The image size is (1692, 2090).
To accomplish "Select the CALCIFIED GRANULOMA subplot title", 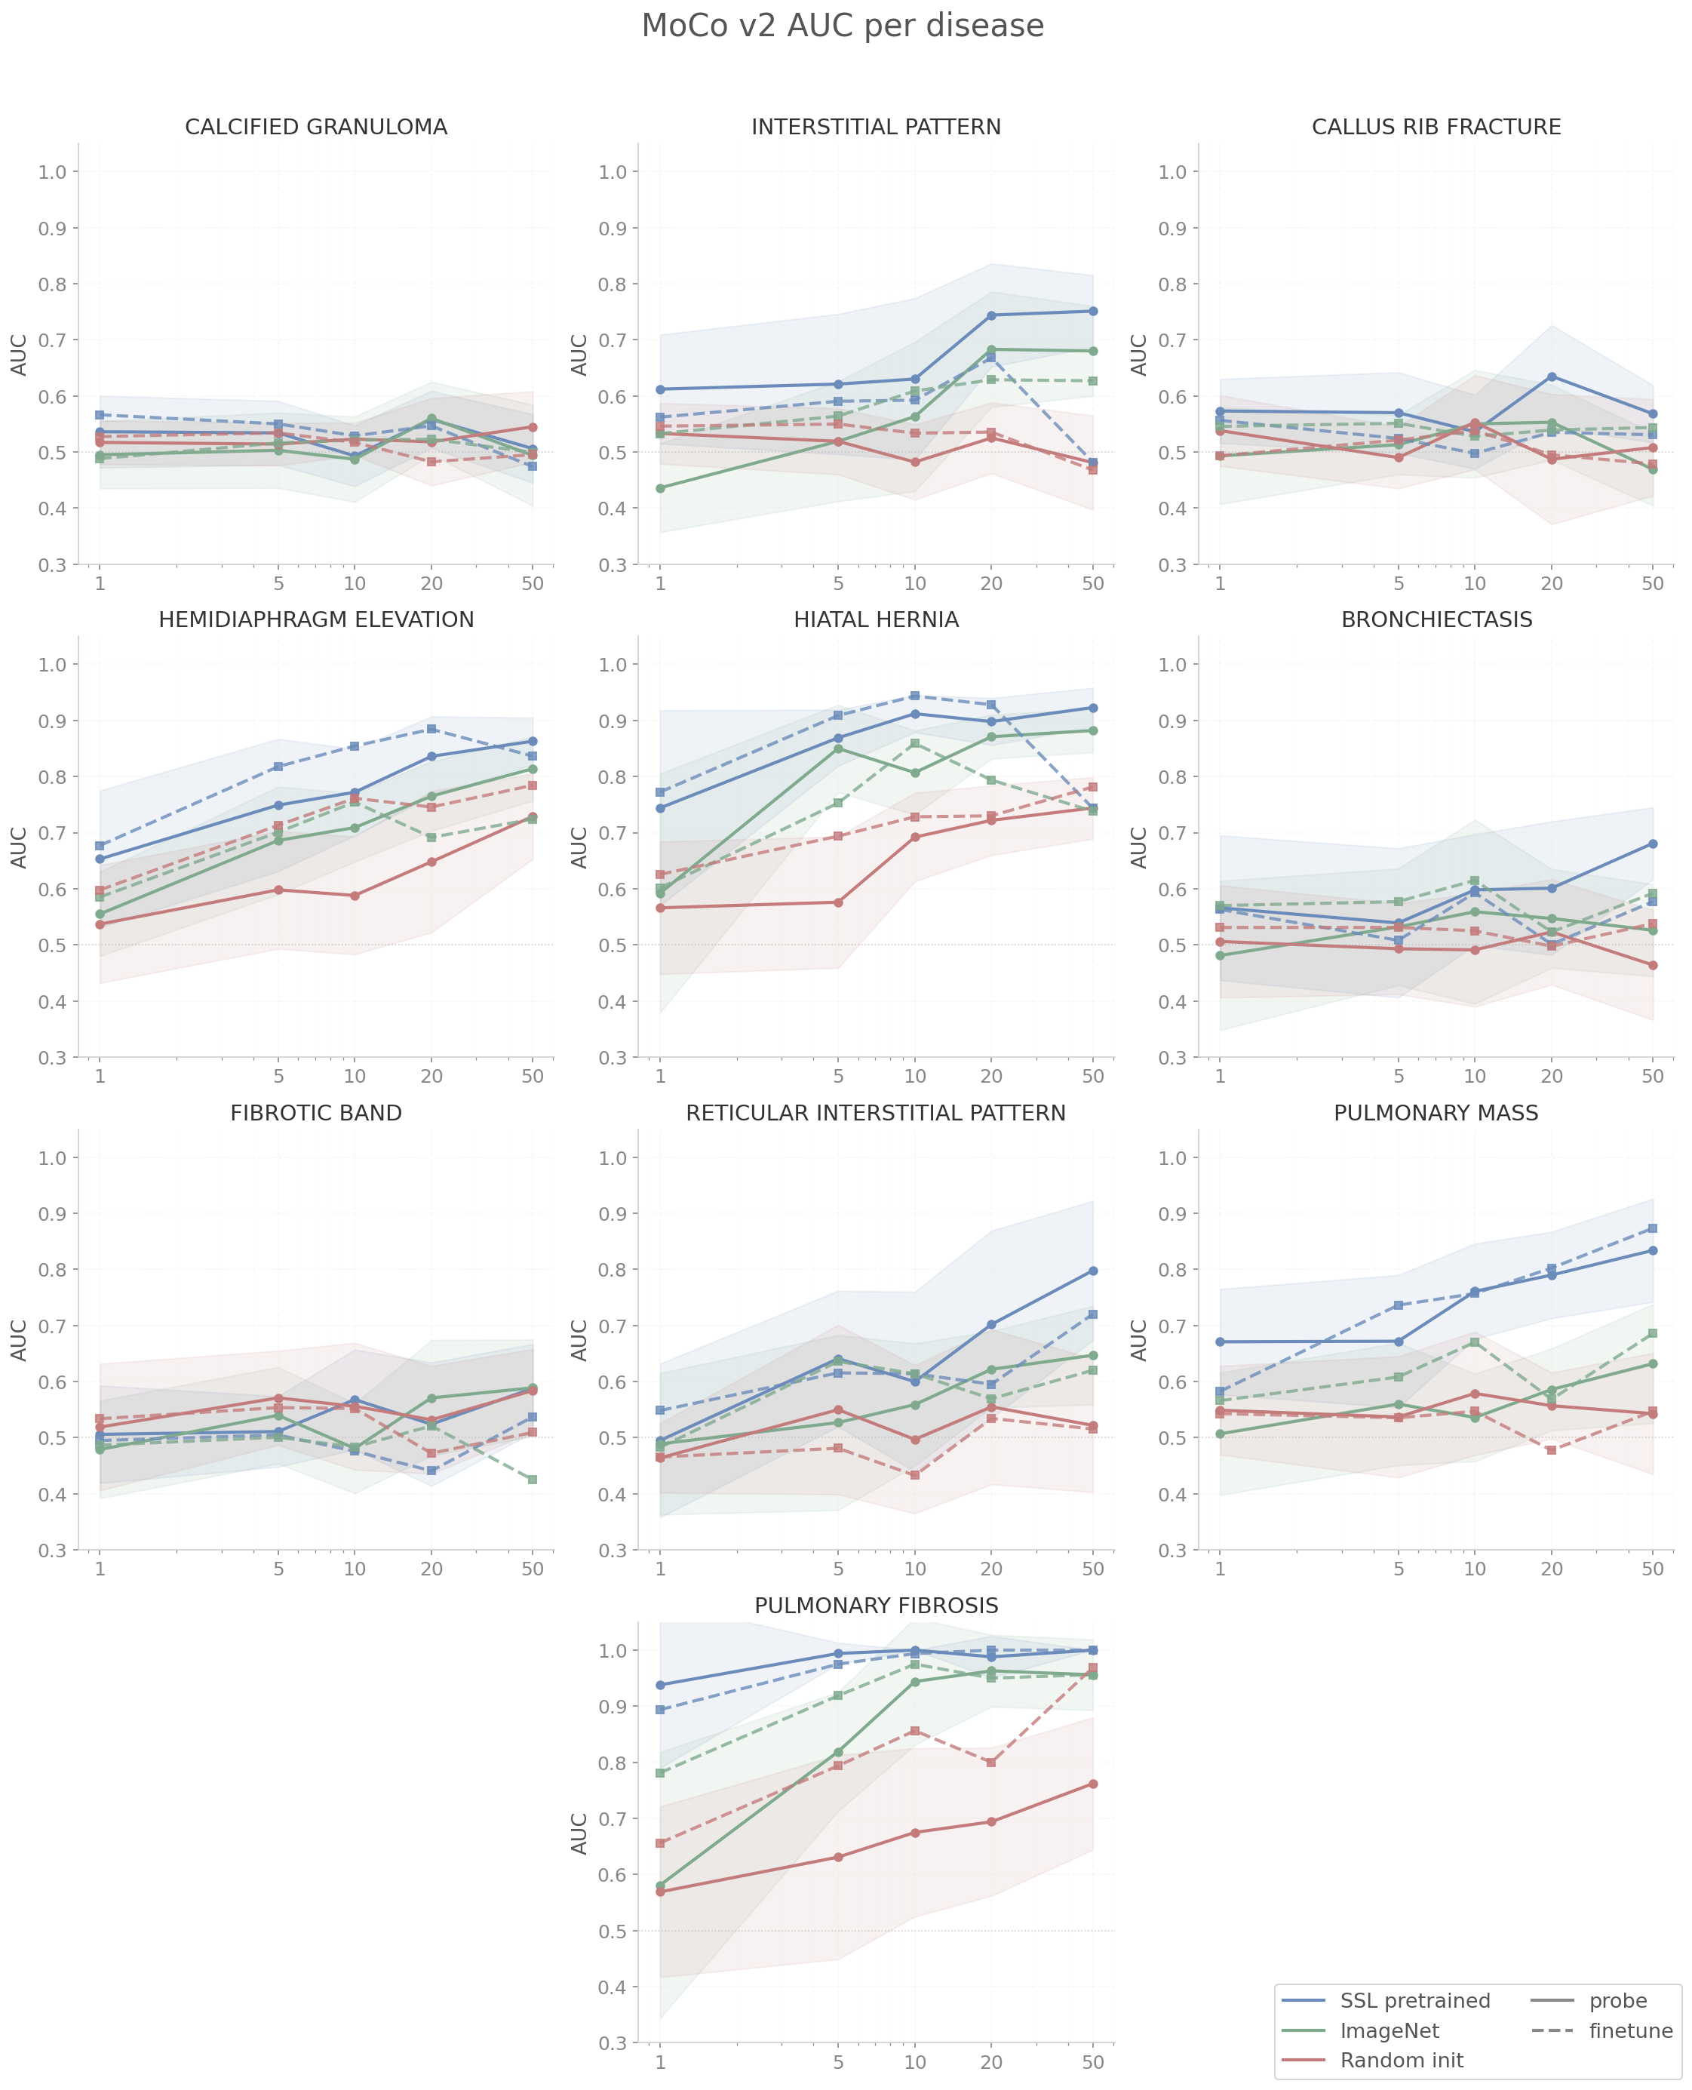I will point(316,128).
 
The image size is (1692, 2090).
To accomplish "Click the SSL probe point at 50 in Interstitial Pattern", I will point(1092,311).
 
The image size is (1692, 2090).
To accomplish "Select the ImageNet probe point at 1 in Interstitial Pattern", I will point(660,488).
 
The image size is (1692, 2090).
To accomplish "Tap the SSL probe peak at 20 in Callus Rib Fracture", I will point(1551,377).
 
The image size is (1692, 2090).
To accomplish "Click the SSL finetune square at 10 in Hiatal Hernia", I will point(914,696).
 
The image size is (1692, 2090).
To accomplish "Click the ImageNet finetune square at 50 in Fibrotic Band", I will point(532,1480).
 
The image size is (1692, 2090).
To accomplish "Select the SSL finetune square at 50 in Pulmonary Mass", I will point(1652,1228).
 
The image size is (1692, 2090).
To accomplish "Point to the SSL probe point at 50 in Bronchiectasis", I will point(1652,844).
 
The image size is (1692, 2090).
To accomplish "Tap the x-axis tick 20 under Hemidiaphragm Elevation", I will point(431,1076).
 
